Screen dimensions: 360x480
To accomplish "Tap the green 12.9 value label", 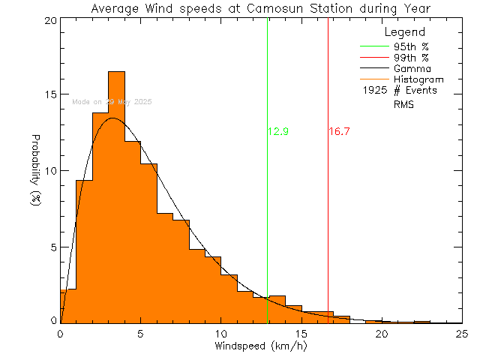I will pos(278,132).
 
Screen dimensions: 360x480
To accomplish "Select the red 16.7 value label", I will pos(339,132).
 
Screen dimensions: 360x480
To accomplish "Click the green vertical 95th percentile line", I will pos(268,225).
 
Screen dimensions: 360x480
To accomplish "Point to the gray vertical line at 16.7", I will pos(328,225).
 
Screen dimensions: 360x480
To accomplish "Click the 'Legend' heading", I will pos(404,32).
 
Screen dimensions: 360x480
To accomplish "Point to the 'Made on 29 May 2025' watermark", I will pos(112,101).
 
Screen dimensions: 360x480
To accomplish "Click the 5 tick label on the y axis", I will pos(50,247).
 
